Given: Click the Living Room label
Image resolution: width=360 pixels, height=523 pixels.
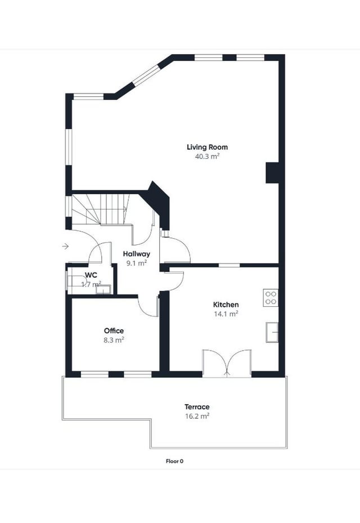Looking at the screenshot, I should click(x=207, y=147).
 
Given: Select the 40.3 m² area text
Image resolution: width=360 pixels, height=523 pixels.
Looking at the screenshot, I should click(x=207, y=157).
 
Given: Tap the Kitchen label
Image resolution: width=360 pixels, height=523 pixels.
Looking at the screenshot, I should click(x=226, y=305).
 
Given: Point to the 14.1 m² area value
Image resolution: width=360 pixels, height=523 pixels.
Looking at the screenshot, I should click(x=226, y=314).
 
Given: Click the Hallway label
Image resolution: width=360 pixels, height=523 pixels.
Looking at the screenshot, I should click(x=137, y=254).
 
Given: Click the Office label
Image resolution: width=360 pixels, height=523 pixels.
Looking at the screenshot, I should click(x=114, y=331).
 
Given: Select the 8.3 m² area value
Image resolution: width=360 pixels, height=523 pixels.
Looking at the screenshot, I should click(x=114, y=340).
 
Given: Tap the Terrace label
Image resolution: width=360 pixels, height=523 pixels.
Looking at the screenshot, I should click(x=197, y=406).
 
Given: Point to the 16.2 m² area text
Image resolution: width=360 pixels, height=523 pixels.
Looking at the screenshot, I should click(x=197, y=416).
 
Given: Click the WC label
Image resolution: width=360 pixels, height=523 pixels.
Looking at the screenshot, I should click(x=91, y=275).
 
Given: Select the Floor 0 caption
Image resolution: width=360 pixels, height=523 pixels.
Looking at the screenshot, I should click(x=174, y=461).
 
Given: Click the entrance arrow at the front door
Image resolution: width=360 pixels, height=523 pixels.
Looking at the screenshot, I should click(x=65, y=246).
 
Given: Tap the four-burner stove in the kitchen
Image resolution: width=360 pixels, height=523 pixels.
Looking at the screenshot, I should click(x=271, y=297).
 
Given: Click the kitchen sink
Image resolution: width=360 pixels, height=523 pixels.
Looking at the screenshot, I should click(x=272, y=332).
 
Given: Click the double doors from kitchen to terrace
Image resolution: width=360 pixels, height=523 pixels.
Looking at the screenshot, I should click(x=227, y=363).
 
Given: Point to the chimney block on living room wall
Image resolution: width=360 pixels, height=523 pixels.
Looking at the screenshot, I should click(x=273, y=172).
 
